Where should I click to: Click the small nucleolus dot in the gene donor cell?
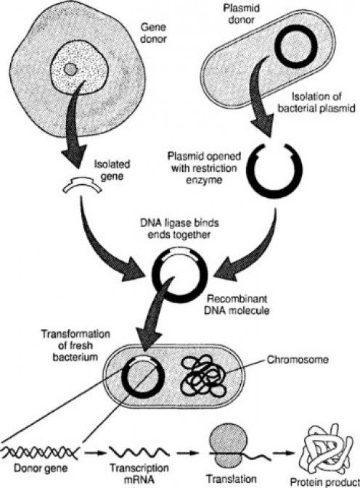point(69,70)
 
